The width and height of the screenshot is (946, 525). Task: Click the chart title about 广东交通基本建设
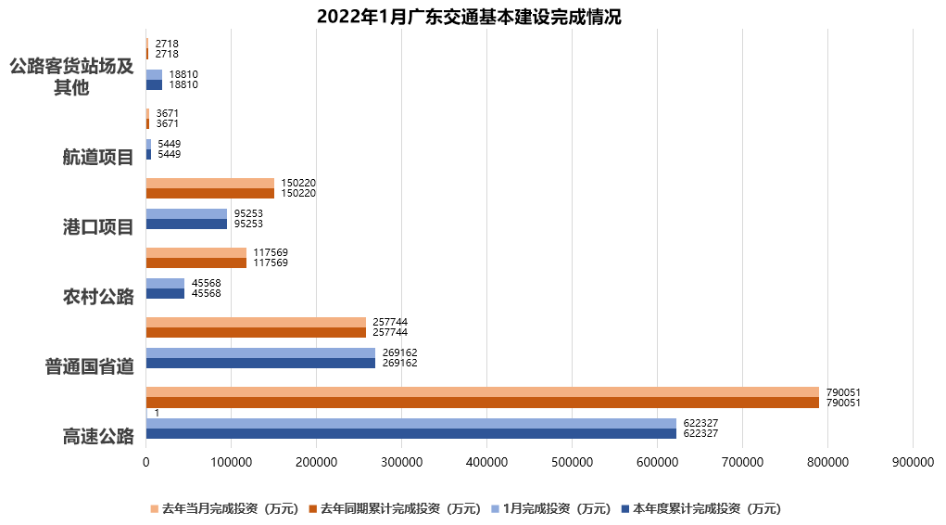tap(468, 16)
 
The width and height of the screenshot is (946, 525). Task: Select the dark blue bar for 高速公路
tap(410, 433)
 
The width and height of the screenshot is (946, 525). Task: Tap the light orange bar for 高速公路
tap(482, 391)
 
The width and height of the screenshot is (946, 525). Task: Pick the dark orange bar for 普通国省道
tap(256, 332)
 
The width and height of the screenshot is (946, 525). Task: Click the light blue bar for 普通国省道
tap(260, 352)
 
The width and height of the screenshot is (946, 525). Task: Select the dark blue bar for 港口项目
tap(186, 224)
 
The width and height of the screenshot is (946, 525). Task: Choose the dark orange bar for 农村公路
tap(196, 262)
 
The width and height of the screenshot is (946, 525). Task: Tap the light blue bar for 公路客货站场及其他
tap(154, 74)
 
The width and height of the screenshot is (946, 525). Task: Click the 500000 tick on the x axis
tap(572, 461)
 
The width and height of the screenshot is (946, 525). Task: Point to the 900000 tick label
tap(913, 461)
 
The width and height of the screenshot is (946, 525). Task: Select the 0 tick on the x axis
tap(145, 461)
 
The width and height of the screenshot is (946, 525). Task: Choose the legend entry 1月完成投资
tap(556, 508)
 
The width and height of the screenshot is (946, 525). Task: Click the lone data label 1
tap(158, 412)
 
